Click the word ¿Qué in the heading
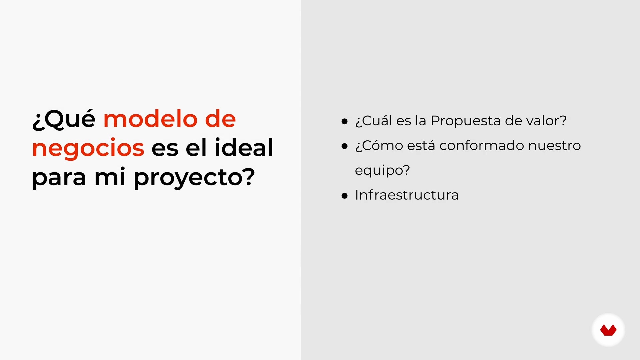pyautogui.click(x=64, y=119)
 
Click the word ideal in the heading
pyautogui.click(x=244, y=147)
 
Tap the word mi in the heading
pyautogui.click(x=110, y=177)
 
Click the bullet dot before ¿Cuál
pyautogui.click(x=345, y=121)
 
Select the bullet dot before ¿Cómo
pyautogui.click(x=345, y=146)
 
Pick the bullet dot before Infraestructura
pyautogui.click(x=345, y=196)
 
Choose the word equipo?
pyautogui.click(x=382, y=171)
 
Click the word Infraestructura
pyautogui.click(x=407, y=195)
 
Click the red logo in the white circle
pyautogui.click(x=608, y=330)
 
